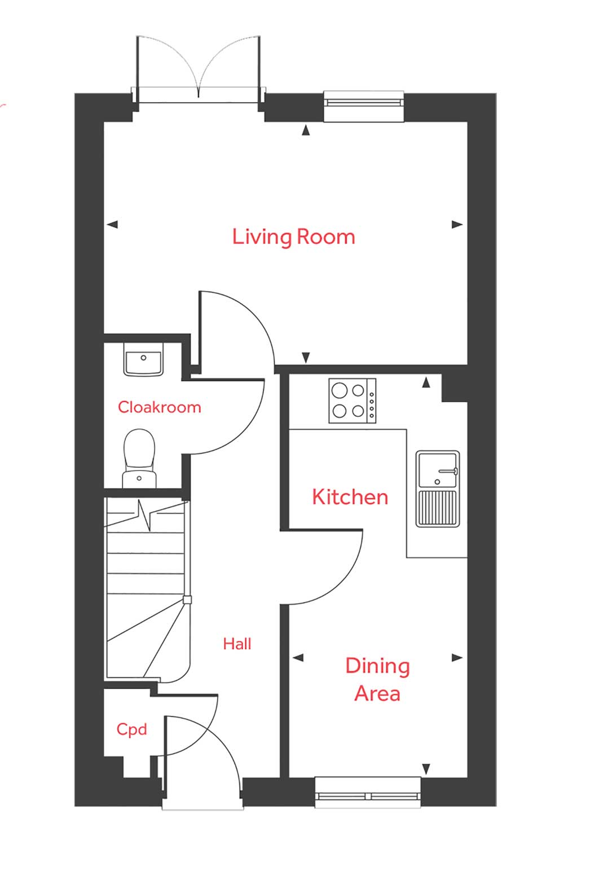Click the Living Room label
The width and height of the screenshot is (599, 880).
[x=293, y=236]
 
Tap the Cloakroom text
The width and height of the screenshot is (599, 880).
[x=159, y=407]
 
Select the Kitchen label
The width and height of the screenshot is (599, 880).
[x=350, y=497]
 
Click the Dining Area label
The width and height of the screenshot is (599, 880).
[x=377, y=679]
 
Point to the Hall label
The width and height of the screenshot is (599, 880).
[x=237, y=644]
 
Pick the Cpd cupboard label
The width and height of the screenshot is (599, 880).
[x=131, y=729]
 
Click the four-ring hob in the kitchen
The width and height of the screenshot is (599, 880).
[x=352, y=401]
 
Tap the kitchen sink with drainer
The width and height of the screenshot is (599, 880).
[x=437, y=489]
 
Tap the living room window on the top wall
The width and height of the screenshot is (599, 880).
[x=364, y=105]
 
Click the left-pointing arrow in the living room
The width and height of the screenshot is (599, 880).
[x=112, y=225]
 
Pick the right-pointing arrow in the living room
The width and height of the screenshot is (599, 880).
[x=457, y=225]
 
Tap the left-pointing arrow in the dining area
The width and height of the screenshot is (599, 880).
[x=298, y=657]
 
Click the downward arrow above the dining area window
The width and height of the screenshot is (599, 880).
[x=426, y=768]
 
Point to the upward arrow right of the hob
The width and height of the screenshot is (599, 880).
[x=426, y=383]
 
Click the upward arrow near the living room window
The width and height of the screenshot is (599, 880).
[x=306, y=131]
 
